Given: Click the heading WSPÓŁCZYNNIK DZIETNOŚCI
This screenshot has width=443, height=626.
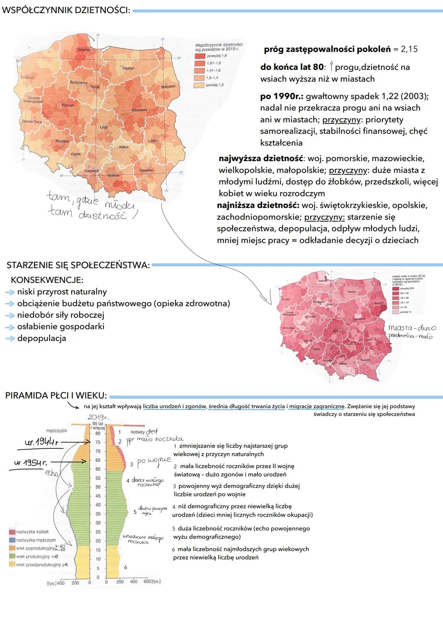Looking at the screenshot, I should coord(66,10).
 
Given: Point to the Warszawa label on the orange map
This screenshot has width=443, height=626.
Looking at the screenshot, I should coord(139,111).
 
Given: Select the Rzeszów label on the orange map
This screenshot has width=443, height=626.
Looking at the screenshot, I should coord(146,170).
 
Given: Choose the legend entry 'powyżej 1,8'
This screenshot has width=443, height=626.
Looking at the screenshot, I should coord(217,56).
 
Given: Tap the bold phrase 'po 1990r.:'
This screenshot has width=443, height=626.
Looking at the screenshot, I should coord(282,96).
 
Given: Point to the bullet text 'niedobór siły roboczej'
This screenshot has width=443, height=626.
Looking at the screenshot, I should coord(61,315).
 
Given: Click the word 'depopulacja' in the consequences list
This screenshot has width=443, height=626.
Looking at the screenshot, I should coord(41,338).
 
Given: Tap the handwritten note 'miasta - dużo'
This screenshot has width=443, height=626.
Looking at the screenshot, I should coord(412,328).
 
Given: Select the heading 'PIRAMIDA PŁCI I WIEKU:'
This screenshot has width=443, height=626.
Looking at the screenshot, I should coord(56,396).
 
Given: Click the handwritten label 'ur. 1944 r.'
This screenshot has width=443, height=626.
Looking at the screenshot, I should coord(41,443).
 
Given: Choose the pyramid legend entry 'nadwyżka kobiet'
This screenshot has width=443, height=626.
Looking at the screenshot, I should coord(32,532).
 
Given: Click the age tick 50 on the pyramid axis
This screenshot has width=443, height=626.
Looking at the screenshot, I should coord(98,487).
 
